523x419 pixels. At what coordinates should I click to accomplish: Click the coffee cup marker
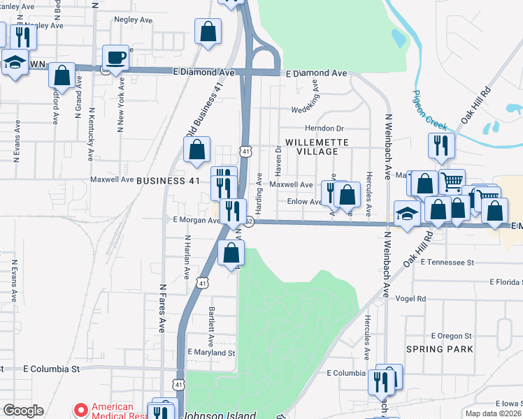tap(115, 57)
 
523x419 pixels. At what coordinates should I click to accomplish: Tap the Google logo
tap(23, 411)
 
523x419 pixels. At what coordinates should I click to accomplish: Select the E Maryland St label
tap(210, 353)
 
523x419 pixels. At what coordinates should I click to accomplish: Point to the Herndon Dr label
tap(324, 128)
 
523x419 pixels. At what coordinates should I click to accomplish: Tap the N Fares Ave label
tap(162, 307)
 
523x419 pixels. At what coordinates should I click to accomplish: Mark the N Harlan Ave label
tap(187, 256)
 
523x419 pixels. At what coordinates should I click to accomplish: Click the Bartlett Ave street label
tap(211, 322)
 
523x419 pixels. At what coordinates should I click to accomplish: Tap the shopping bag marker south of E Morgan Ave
tap(231, 253)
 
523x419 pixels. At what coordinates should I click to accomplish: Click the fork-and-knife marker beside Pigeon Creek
tap(441, 145)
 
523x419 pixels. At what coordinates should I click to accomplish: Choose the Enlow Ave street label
tap(304, 202)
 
